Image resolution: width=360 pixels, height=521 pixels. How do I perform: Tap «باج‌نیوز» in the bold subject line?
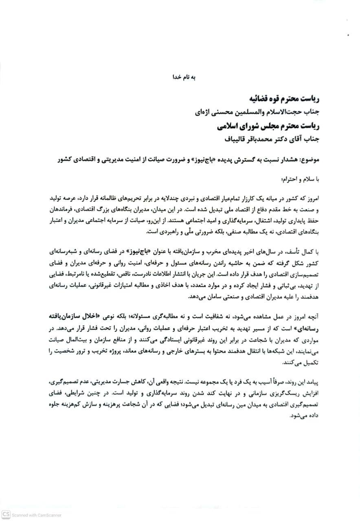point(205,158)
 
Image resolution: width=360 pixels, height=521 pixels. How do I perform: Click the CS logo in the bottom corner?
point(5,515)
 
